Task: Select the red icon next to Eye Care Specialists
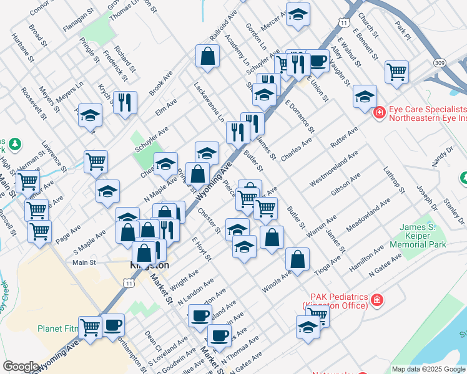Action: pyautogui.click(x=379, y=113)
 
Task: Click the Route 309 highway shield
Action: pyautogui.click(x=440, y=63)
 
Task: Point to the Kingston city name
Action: pyautogui.click(x=149, y=266)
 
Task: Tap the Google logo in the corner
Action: pyautogui.click(x=20, y=367)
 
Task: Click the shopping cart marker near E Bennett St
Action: pyautogui.click(x=396, y=72)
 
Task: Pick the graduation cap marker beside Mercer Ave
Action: pyautogui.click(x=298, y=13)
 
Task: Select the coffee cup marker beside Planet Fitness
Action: pyautogui.click(x=113, y=324)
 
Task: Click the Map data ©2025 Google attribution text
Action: pyautogui.click(x=429, y=369)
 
